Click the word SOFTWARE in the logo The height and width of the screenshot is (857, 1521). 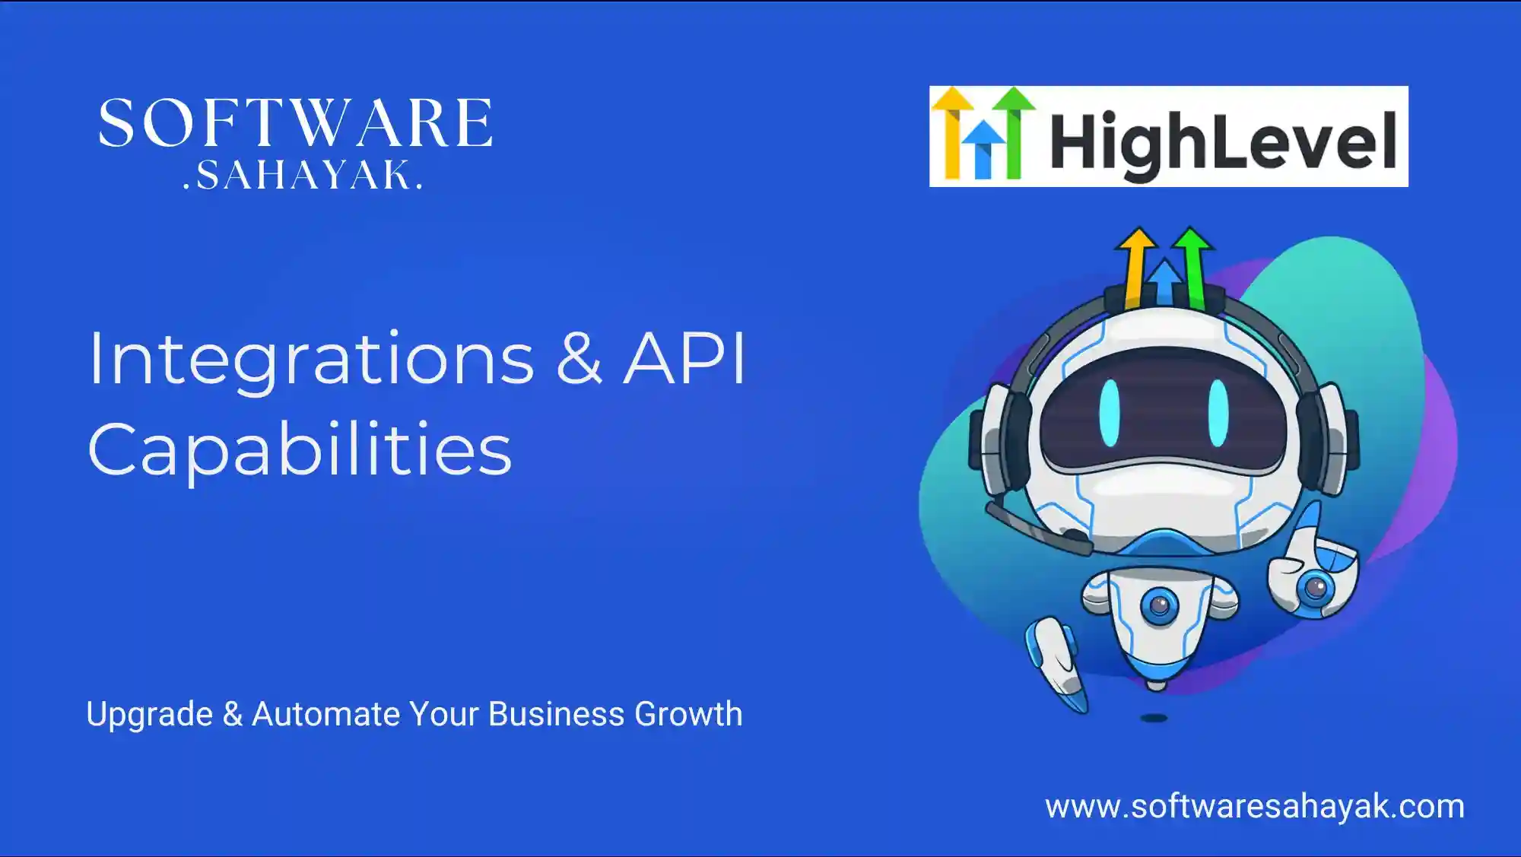(295, 123)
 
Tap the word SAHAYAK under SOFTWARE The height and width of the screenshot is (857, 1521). (303, 175)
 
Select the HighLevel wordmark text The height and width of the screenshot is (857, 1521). (1223, 141)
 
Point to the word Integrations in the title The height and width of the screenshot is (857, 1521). (311, 360)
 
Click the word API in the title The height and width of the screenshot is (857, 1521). (684, 358)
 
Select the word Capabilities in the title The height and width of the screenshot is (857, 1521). (300, 450)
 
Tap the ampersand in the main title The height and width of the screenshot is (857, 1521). (579, 358)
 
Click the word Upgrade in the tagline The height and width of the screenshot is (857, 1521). (150, 715)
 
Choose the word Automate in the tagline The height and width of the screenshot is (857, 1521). (325, 714)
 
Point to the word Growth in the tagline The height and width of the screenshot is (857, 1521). (688, 714)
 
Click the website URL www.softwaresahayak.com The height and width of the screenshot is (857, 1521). (1254, 807)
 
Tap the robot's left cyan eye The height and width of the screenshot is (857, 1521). (1110, 413)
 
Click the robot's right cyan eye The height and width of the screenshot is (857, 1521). (1218, 413)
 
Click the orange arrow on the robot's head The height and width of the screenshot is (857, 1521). (1136, 266)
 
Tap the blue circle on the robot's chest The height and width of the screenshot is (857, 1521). (1160, 606)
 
